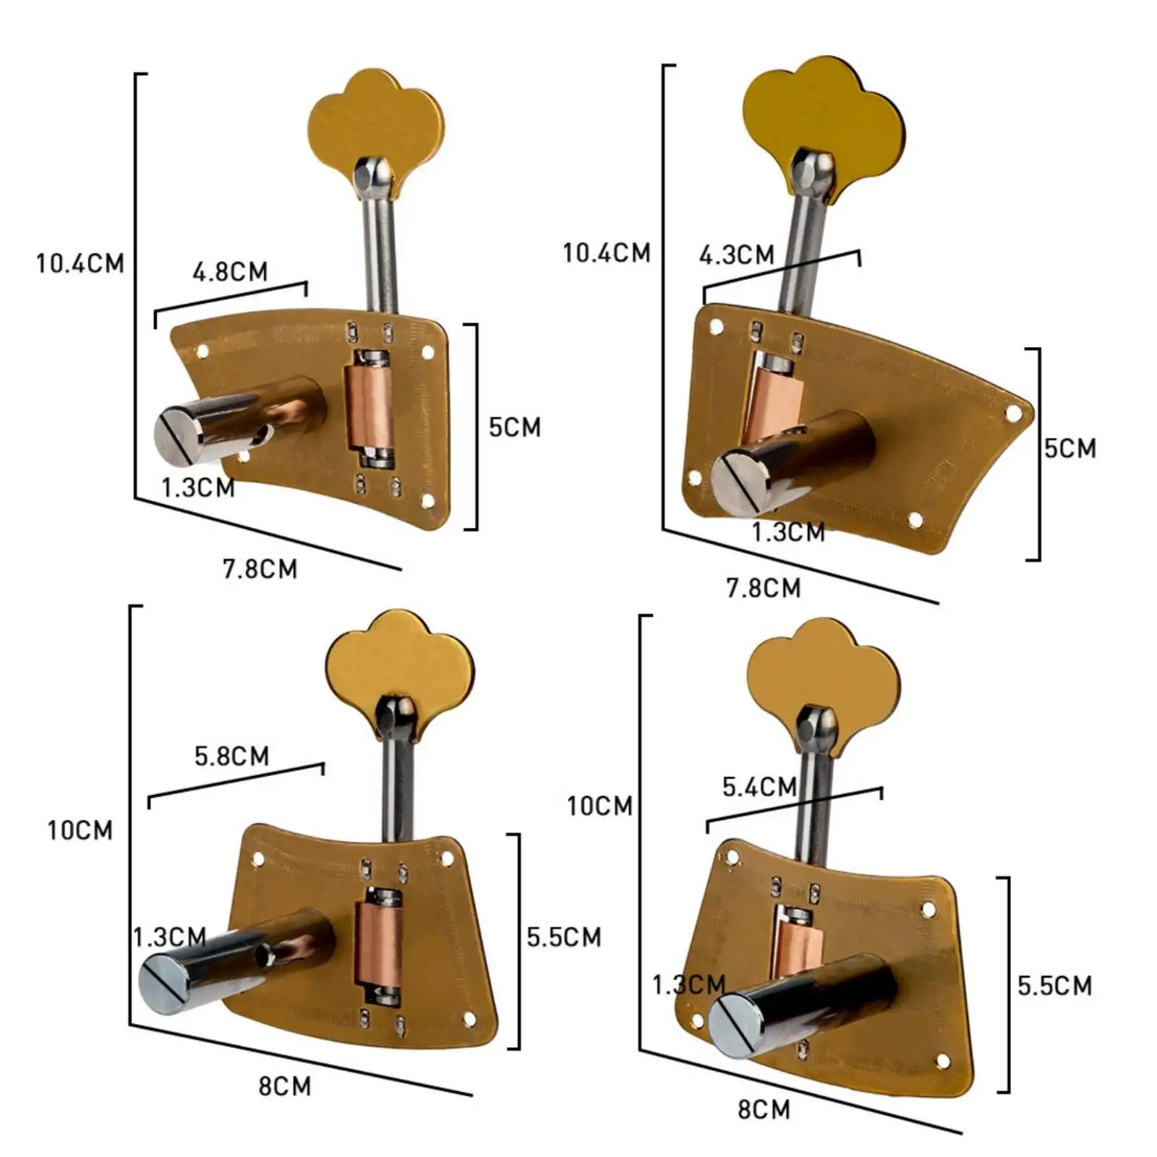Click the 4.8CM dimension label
[230, 272]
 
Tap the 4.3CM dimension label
[736, 255]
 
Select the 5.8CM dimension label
[231, 756]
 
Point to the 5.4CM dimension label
[759, 787]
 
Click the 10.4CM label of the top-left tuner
[80, 263]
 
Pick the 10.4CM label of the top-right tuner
[607, 253]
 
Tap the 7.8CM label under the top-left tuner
[260, 569]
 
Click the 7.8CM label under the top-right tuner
[764, 588]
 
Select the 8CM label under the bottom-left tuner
[285, 1086]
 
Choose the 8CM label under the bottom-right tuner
[764, 1109]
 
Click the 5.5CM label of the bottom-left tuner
[563, 937]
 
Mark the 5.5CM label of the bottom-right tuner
[1054, 986]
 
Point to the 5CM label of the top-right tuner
[1070, 448]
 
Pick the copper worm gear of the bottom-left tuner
[377, 944]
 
